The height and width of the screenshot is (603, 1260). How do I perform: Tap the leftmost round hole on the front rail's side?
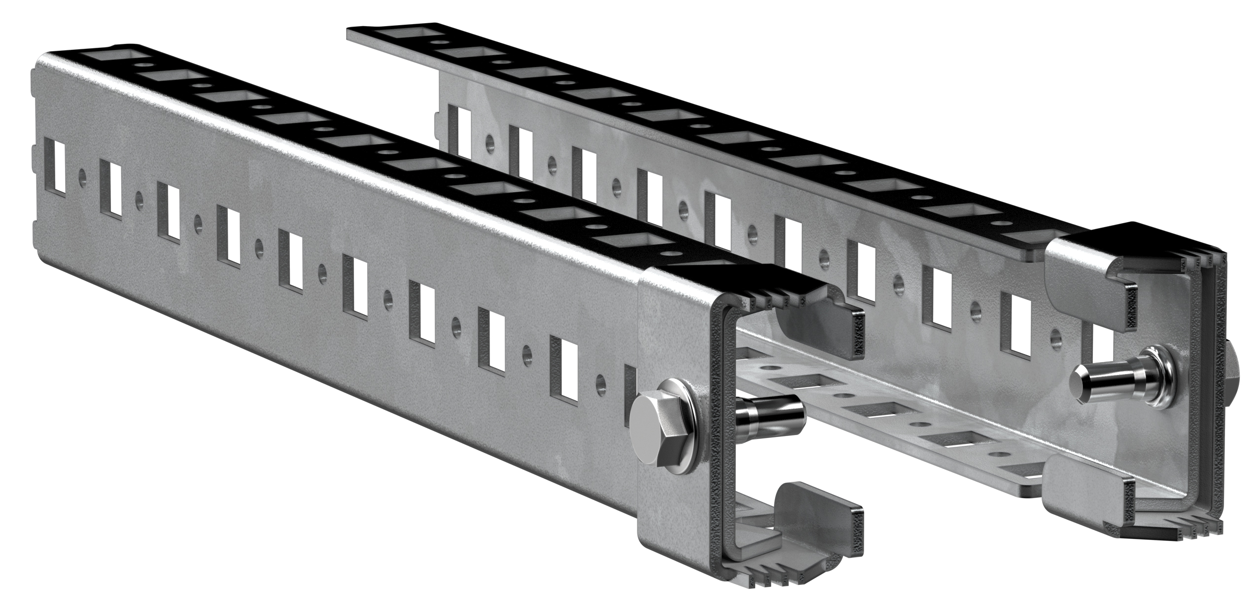click(81, 176)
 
